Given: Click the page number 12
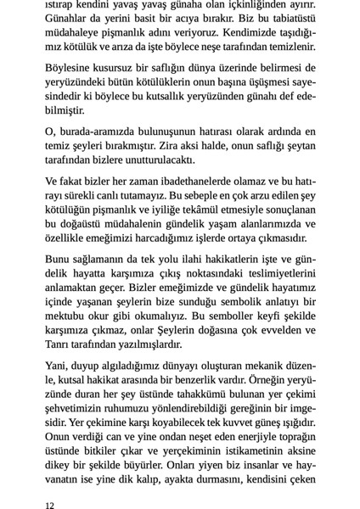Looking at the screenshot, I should (x=51, y=504).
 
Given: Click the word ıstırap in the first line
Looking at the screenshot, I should (x=61, y=3).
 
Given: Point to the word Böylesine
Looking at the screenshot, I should (x=70, y=67).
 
